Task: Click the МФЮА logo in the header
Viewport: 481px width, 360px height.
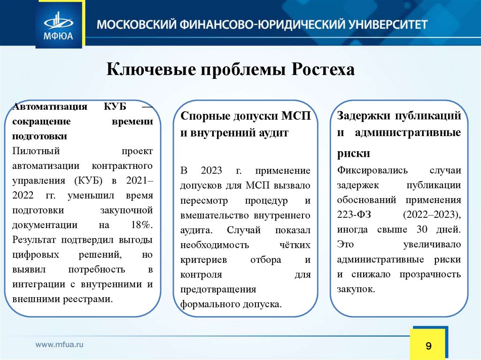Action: tap(58, 24)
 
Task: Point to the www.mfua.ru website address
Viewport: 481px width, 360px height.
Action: tap(60, 344)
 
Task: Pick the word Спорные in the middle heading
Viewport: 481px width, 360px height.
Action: tap(205, 115)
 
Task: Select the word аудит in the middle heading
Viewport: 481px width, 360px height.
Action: tap(274, 133)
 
